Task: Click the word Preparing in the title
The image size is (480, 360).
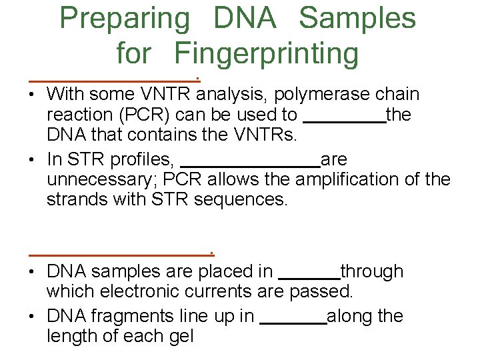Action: (x=125, y=19)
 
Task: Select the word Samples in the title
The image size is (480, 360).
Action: (x=357, y=19)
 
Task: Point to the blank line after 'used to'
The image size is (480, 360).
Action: (x=344, y=120)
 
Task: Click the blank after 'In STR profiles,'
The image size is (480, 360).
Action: (x=250, y=163)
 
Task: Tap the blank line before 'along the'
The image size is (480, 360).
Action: (x=293, y=321)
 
